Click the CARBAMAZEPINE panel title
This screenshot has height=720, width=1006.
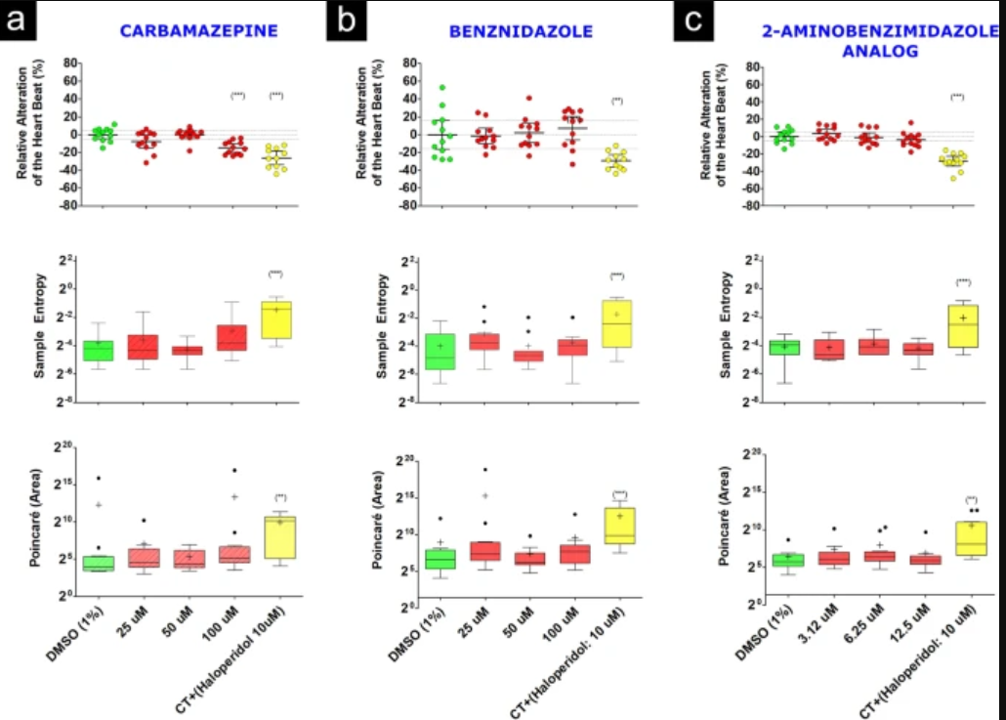coord(199,31)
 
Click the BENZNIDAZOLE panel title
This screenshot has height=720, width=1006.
coord(521,31)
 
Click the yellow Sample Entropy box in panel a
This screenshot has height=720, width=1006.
coord(277,319)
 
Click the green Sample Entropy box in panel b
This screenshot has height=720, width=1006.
coord(440,351)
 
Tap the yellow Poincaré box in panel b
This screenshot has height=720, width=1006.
coord(619,526)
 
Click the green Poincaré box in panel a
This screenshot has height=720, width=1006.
coord(99,563)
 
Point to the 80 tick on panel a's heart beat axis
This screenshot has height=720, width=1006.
coord(70,63)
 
